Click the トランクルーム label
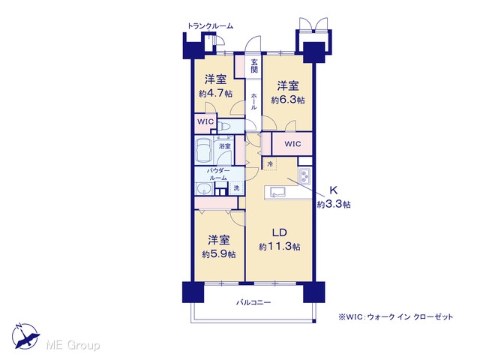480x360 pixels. (210, 26)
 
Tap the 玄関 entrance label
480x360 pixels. (254, 66)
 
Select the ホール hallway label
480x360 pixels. (253, 101)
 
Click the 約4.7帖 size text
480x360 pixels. (215, 93)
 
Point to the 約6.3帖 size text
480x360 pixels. (288, 100)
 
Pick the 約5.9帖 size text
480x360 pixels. (219, 254)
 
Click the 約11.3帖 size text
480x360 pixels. (280, 247)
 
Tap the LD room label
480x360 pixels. (280, 232)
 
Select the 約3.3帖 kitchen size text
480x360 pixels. (334, 204)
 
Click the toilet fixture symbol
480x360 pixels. (224, 126)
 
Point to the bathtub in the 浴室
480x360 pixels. (204, 150)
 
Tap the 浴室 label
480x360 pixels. (225, 146)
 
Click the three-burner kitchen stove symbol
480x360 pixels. (305, 176)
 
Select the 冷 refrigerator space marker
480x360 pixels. (270, 163)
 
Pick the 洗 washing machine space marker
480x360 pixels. (237, 187)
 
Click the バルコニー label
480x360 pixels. (253, 302)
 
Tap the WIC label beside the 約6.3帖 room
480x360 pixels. (292, 144)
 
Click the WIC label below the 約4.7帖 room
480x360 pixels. (205, 121)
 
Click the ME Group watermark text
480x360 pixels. (73, 345)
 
